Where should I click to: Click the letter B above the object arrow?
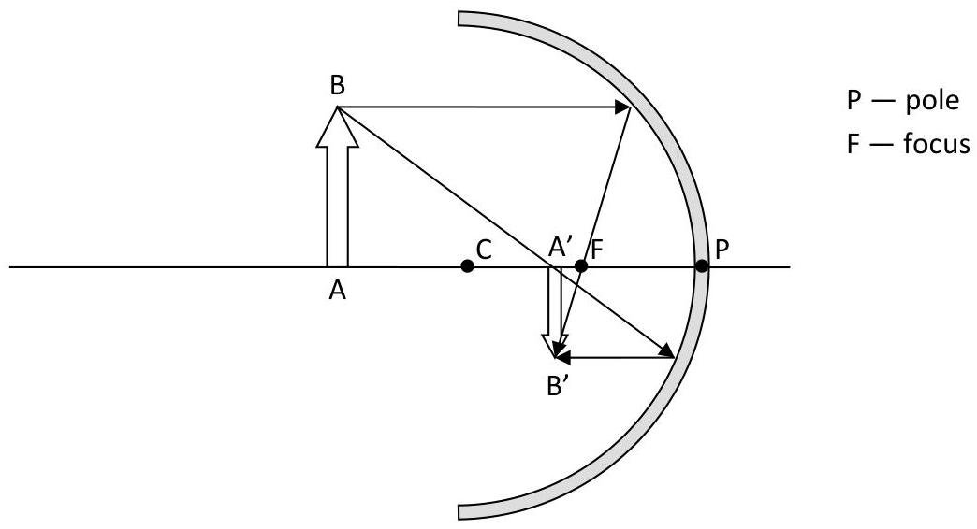pos(337,86)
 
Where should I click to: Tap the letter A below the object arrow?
pos(337,290)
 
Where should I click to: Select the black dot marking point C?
pos(467,266)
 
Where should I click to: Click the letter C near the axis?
pos(484,250)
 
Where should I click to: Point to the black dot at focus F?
pos(581,266)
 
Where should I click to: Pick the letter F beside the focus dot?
pos(597,250)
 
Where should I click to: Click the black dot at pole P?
pos(702,266)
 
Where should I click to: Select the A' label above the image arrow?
pos(561,248)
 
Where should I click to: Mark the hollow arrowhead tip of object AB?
pos(337,108)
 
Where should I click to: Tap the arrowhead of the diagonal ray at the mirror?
pos(666,350)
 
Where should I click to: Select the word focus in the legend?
pos(937,144)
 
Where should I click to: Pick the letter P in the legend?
pos(853,101)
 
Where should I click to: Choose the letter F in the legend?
pos(853,144)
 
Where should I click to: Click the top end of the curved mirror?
pos(459,19)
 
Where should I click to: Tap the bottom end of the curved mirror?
pos(459,511)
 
